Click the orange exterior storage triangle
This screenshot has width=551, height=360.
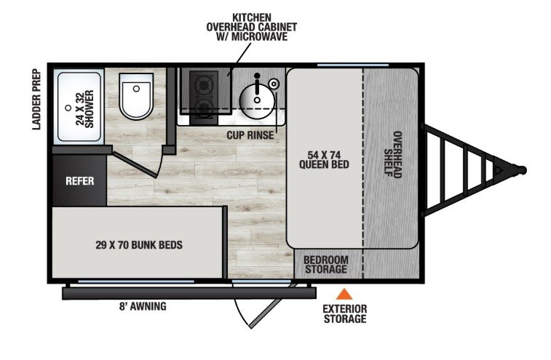[x=344, y=295]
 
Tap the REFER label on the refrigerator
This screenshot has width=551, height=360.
[x=80, y=181]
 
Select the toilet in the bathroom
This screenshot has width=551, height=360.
[x=136, y=96]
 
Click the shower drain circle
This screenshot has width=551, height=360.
[x=68, y=108]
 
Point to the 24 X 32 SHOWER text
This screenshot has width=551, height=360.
[x=84, y=109]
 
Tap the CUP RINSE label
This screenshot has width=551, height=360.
[x=250, y=135]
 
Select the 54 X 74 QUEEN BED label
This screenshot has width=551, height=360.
[x=324, y=160]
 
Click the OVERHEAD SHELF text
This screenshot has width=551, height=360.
[x=393, y=154]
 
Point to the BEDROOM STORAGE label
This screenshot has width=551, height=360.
[x=326, y=265]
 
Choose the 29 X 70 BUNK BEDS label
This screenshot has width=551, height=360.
[x=139, y=245]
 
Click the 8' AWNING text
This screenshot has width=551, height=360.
[x=143, y=306]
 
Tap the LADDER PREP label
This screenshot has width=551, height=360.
[x=36, y=100]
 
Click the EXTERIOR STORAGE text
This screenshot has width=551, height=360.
[x=345, y=313]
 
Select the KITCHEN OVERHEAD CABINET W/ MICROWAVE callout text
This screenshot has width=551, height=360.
[x=252, y=27]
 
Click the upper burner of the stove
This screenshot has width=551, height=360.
[x=203, y=84]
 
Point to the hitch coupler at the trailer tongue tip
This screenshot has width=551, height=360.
[x=522, y=170]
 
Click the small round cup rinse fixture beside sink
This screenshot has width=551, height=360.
[x=274, y=84]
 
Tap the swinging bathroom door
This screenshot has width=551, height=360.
[x=135, y=164]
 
